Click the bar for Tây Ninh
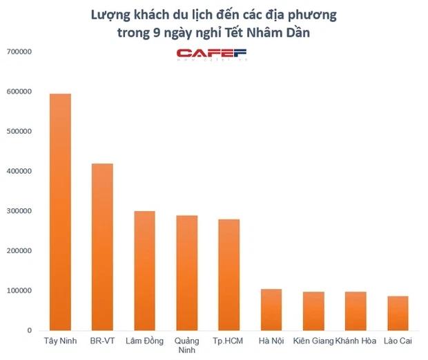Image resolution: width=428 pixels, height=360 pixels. (60, 212)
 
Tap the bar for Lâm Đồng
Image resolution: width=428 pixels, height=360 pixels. (144, 270)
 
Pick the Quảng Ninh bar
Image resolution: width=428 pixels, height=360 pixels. (186, 272)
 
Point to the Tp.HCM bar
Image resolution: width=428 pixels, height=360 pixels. (229, 274)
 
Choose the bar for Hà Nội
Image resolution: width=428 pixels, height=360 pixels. (271, 310)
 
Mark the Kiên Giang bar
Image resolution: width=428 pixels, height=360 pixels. (313, 311)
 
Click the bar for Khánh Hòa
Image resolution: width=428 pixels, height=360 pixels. (356, 311)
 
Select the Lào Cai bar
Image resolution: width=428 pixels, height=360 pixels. (398, 313)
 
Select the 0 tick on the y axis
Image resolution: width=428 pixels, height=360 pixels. (28, 331)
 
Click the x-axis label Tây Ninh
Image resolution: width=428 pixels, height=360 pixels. (60, 341)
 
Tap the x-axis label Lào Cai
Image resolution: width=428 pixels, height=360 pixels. (398, 341)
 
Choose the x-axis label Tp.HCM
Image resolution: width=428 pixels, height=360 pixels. (229, 341)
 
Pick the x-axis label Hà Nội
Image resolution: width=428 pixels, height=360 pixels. (271, 341)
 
